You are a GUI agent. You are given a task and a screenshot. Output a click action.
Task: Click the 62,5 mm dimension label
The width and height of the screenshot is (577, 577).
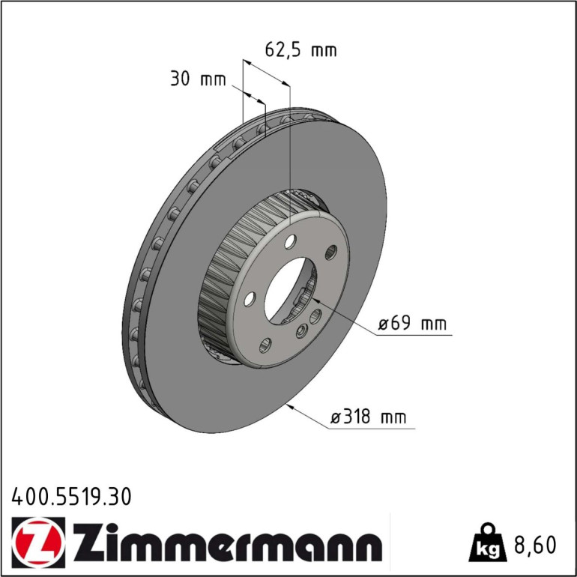(300, 50)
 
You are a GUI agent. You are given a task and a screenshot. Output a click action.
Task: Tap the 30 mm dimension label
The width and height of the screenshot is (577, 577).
(198, 79)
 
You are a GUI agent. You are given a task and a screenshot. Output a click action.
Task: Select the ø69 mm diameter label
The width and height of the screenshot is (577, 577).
(412, 324)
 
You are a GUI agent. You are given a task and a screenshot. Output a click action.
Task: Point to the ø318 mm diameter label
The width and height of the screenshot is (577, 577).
(369, 417)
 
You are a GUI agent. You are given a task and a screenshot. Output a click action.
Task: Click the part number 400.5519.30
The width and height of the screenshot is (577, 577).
(71, 497)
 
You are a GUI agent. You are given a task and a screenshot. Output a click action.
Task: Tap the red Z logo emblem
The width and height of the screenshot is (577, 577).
(38, 543)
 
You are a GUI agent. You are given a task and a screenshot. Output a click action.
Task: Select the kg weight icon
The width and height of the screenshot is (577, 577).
(489, 543)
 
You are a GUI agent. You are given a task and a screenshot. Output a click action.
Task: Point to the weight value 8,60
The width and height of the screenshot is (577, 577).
(535, 545)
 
